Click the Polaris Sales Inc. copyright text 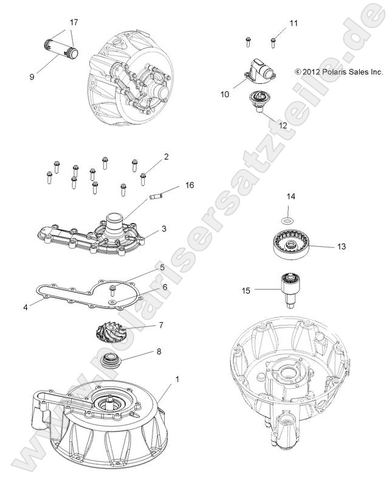click(x=339, y=71)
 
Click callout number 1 click(x=177, y=380)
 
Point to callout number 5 click(x=162, y=267)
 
